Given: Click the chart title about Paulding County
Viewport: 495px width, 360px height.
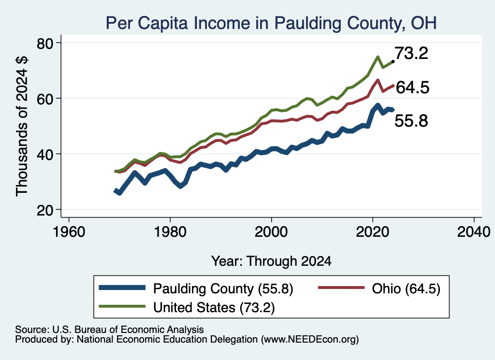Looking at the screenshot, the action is [x=271, y=23].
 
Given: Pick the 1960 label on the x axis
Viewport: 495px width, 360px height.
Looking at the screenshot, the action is [x=69, y=232].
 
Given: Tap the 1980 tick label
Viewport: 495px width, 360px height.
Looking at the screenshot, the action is [x=170, y=232].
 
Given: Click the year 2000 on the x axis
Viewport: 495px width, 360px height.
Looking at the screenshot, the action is [x=271, y=232].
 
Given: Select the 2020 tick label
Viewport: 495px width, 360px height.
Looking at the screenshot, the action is [x=373, y=232].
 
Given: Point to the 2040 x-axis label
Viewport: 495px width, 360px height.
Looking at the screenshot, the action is [x=474, y=232].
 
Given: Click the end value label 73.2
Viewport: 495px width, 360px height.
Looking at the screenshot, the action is [x=411, y=53].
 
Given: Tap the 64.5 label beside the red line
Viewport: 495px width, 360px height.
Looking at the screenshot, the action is [x=413, y=87].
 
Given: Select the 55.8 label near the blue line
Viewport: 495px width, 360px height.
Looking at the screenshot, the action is [x=411, y=121].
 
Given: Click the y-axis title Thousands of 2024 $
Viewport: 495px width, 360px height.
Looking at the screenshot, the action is [x=22, y=126].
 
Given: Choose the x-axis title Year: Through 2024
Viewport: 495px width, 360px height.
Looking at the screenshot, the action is [x=271, y=261].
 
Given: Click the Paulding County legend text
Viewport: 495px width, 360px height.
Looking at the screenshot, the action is [x=223, y=288].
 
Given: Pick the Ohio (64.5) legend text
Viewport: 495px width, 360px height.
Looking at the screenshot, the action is [x=406, y=288].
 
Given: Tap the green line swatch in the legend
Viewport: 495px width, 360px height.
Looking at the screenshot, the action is [x=122, y=306].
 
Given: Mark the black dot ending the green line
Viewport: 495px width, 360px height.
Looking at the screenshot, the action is [x=393, y=61].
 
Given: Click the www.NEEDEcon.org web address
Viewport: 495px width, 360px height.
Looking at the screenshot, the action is [x=310, y=339].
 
